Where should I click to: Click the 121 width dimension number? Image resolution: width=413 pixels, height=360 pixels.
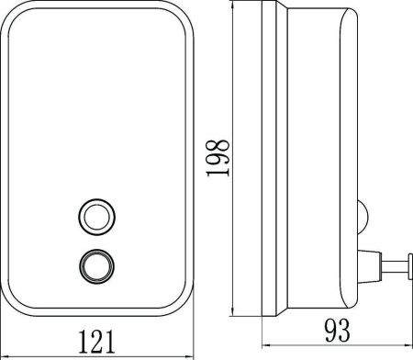(x=97, y=343)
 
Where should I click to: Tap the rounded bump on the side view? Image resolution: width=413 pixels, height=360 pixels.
(x=363, y=218)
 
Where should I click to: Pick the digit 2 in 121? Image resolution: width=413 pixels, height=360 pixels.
(x=97, y=343)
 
